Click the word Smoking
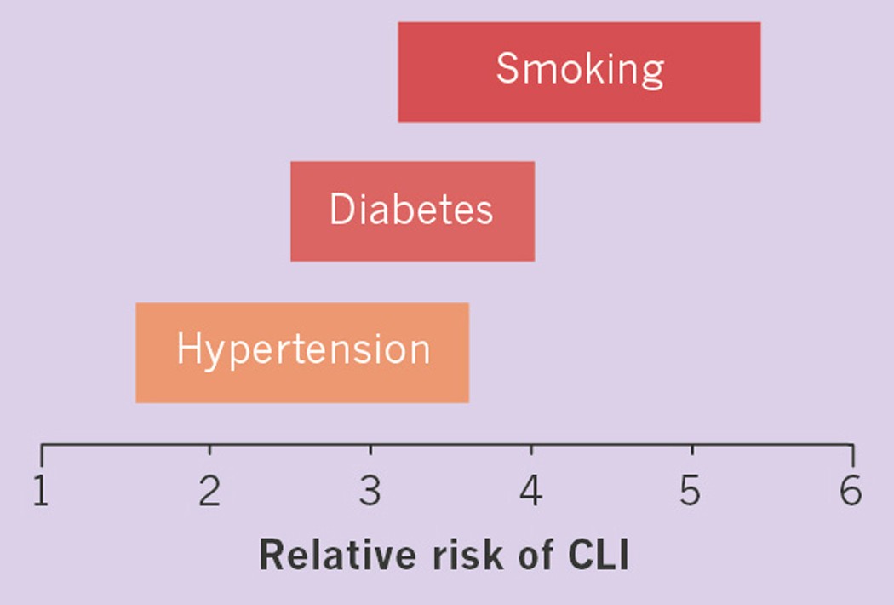[580, 68]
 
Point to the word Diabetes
[411, 210]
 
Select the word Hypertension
[303, 349]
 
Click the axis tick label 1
[41, 493]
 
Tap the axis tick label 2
[209, 493]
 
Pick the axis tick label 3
[370, 493]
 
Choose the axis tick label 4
[531, 493]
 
